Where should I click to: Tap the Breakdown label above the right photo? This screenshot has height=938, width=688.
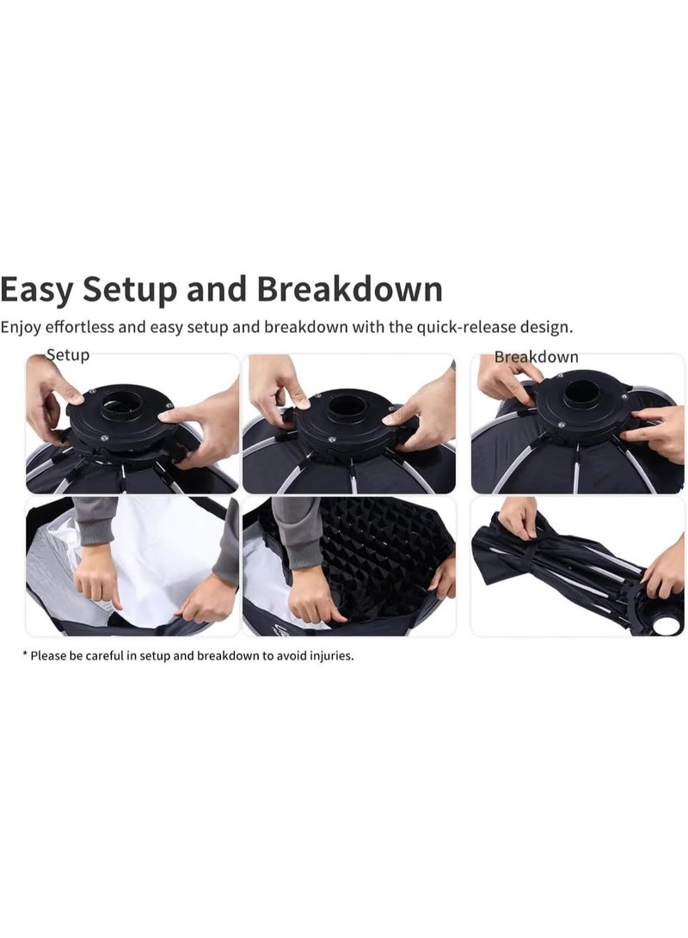[x=536, y=357]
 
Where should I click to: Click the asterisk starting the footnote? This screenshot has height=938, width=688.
[x=25, y=654]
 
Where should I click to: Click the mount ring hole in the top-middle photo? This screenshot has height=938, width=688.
[x=349, y=404]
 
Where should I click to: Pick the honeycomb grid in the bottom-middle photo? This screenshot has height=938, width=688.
[x=378, y=559]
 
